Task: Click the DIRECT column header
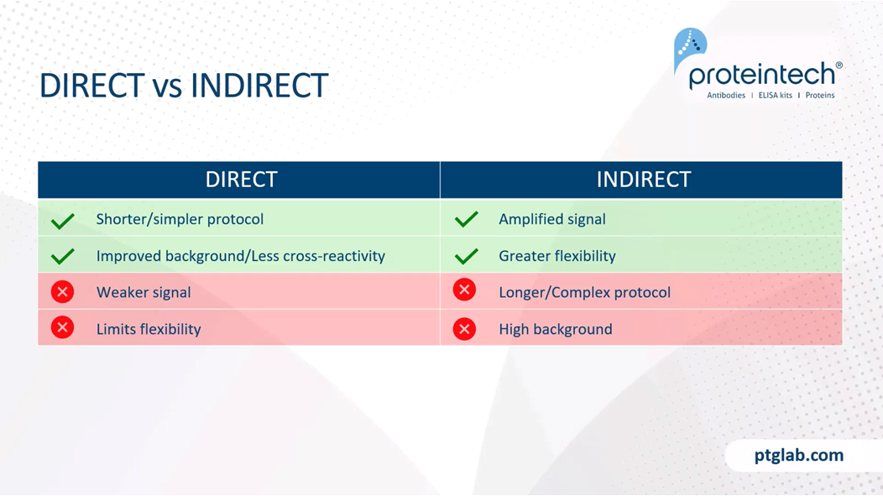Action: pos(241,180)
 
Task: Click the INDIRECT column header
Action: pos(644,180)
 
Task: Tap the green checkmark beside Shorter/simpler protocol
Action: pos(62,221)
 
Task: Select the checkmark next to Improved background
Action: pos(62,256)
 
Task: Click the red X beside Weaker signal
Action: pos(62,291)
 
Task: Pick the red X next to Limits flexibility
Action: pos(62,327)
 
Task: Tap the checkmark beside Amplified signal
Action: pos(467,219)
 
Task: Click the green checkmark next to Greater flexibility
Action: pos(467,256)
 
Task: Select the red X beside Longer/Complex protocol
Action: pos(465,290)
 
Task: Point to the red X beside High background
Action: pos(465,329)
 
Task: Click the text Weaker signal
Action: pos(144,293)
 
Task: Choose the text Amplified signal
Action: pos(552,220)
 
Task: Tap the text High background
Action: pos(556,329)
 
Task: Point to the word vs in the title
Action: pos(167,88)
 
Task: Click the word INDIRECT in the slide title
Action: pos(259,86)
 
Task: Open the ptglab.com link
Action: pos(799,456)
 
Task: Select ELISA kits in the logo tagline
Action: pos(776,96)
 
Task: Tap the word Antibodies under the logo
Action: pos(726,96)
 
